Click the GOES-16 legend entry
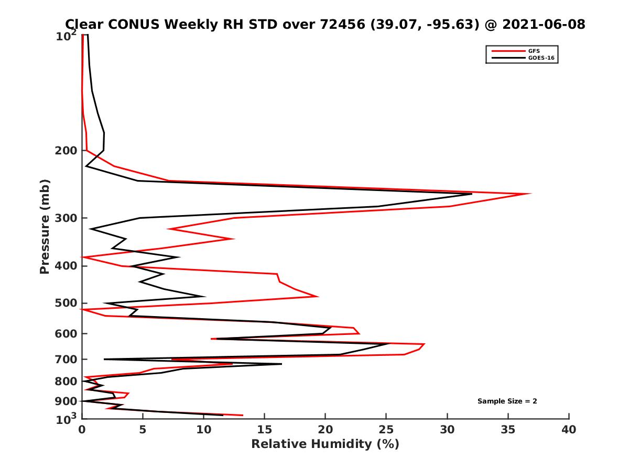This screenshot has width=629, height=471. pyautogui.click(x=540, y=58)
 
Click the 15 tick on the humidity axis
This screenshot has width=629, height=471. pyautogui.click(x=265, y=430)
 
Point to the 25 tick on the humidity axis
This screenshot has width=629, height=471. pyautogui.click(x=386, y=430)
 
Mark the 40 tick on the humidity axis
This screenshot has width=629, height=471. pyautogui.click(x=569, y=430)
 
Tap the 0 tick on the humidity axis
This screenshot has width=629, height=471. pyautogui.click(x=82, y=430)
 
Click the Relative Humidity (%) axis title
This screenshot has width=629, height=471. pyautogui.click(x=325, y=444)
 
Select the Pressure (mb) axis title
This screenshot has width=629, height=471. pyautogui.click(x=45, y=227)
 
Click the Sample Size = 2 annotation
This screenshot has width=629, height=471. pyautogui.click(x=507, y=401)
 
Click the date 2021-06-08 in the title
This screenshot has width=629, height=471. pyautogui.click(x=543, y=24)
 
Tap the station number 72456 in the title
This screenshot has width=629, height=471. pyautogui.click(x=342, y=24)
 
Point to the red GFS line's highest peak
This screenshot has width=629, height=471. pyautogui.click(x=531, y=194)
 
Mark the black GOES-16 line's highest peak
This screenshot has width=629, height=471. pyautogui.click(x=472, y=194)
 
